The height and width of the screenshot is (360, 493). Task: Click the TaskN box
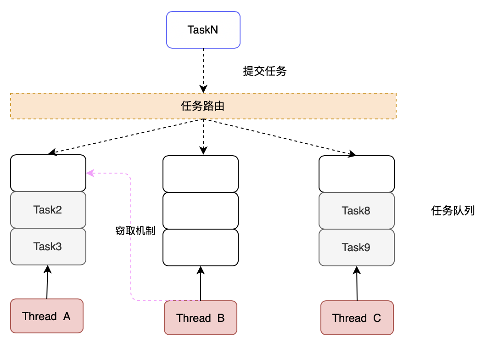[203, 30]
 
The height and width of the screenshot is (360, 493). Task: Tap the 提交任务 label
[265, 71]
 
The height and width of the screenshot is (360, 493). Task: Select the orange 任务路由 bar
[203, 107]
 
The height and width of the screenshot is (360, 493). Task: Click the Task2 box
[48, 210]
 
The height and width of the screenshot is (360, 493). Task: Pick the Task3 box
[48, 247]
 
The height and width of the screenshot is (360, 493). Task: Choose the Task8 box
[356, 211]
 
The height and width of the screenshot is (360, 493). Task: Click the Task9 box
[356, 247]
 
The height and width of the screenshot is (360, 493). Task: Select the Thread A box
[46, 316]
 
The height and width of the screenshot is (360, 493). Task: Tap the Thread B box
[201, 318]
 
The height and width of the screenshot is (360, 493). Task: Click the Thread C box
[357, 318]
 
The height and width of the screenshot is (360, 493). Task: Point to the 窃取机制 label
[135, 231]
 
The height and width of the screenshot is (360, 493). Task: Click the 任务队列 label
[453, 211]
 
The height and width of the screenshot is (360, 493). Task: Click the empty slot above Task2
[48, 173]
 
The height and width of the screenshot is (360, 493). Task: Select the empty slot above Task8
[356, 174]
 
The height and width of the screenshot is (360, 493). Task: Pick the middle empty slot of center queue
[201, 211]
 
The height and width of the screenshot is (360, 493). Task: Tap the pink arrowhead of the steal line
[90, 173]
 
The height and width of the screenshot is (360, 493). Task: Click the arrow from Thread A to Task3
[47, 282]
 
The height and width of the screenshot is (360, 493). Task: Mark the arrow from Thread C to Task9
[357, 284]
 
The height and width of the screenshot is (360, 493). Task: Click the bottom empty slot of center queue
[201, 247]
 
